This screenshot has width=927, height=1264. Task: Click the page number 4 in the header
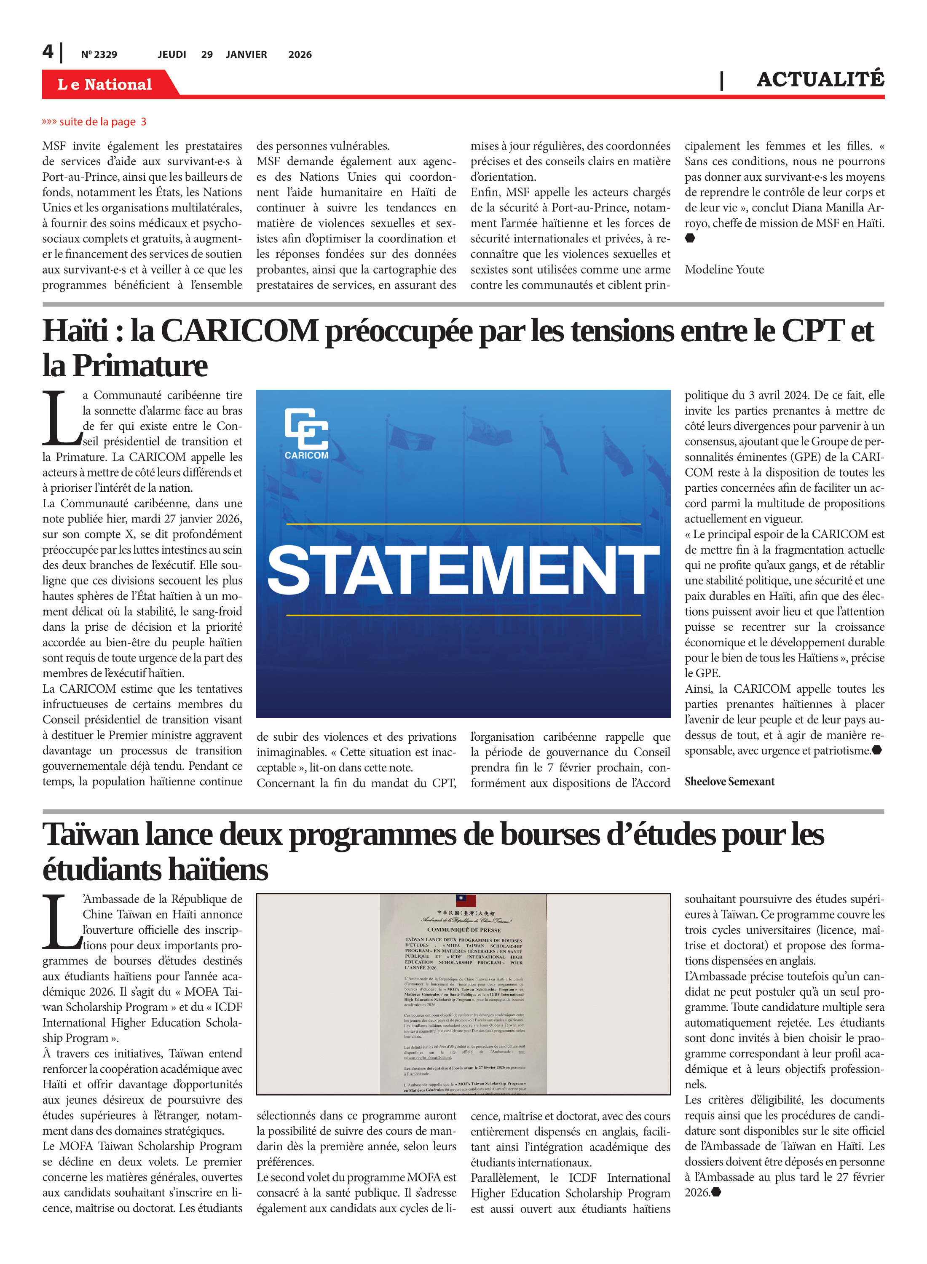(48, 52)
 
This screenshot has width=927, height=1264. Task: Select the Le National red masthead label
(104, 84)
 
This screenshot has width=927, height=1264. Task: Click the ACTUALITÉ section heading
(820, 80)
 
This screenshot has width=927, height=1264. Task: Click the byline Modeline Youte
(724, 269)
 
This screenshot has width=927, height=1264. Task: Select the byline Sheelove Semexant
(729, 782)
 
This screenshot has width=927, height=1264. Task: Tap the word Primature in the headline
(140, 366)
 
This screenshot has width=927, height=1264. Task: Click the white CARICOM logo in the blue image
(306, 434)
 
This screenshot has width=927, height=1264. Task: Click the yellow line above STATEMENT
(463, 524)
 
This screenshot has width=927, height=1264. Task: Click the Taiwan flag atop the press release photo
(466, 900)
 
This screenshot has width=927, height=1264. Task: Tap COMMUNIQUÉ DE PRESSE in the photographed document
(463, 929)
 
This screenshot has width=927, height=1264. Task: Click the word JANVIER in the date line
(246, 54)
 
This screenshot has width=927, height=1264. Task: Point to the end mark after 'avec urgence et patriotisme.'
(877, 750)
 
